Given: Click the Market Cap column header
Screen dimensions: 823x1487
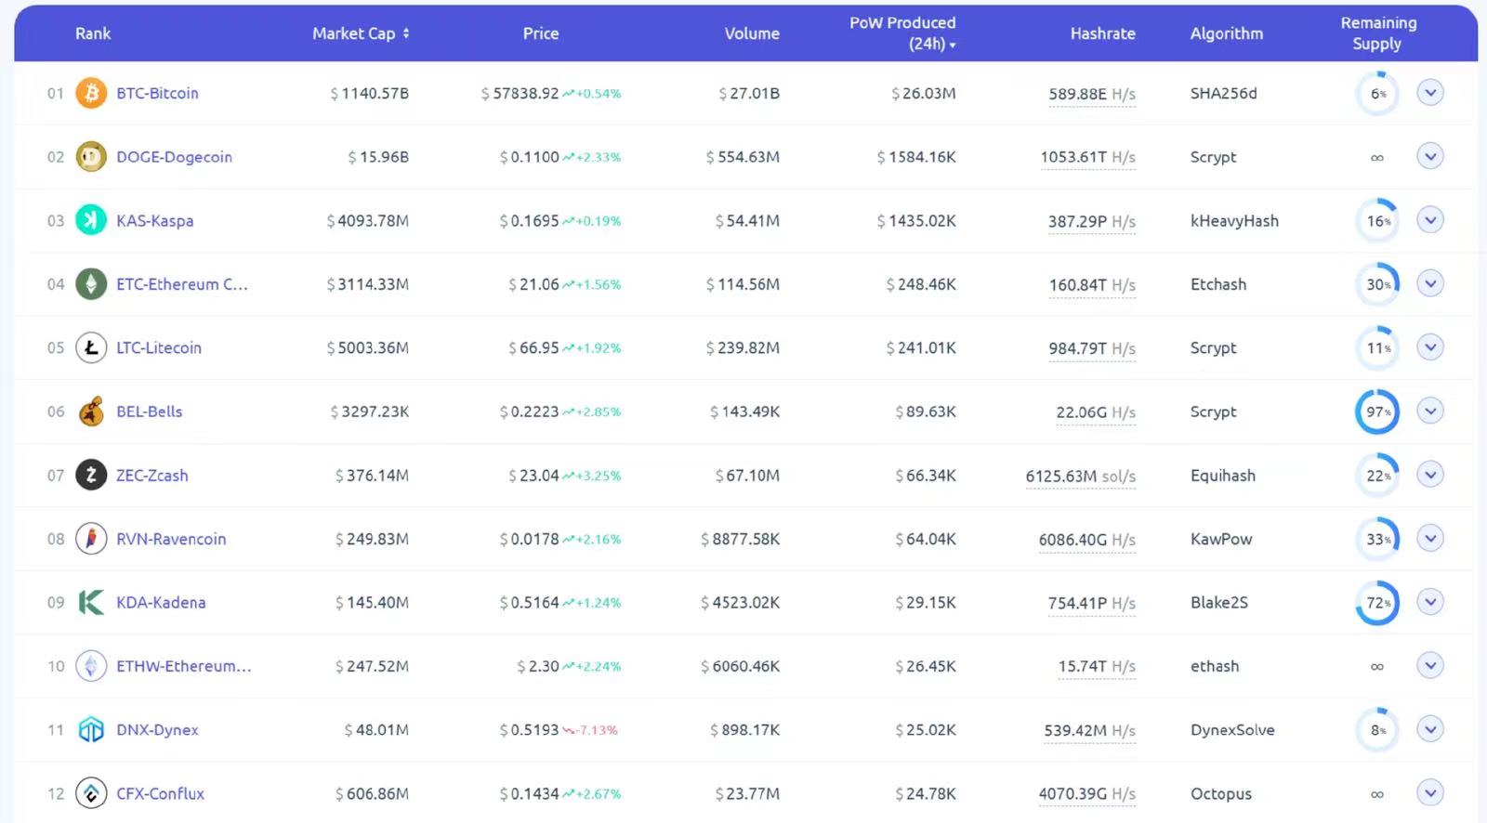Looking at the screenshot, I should point(360,33).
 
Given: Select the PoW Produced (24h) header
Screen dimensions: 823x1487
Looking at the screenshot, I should point(902,33).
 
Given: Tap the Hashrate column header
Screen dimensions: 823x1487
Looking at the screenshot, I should point(1102,33).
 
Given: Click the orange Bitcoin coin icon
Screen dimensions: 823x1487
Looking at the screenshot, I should point(91,93).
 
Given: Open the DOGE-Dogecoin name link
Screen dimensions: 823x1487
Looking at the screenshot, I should point(174,157).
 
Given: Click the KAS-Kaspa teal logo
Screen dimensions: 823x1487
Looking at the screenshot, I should point(91,220).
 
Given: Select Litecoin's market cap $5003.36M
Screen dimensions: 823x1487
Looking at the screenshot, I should point(368,348).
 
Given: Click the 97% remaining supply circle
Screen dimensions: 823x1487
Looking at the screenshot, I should point(1377,411).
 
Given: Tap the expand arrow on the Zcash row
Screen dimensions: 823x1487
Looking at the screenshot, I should point(1430,475).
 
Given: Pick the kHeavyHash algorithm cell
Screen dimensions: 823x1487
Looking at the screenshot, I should point(1234,221).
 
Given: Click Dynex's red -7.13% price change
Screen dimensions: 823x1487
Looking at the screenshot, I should point(596,730).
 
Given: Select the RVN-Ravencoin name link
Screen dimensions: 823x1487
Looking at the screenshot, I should point(171,539).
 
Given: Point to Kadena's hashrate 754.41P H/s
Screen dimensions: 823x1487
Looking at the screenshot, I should point(1091,603).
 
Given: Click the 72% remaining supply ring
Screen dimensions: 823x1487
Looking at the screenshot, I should point(1377,603).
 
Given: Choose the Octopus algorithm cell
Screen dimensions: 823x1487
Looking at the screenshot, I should point(1221,794).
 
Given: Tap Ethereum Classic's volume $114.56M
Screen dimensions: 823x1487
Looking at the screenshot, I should point(743,284).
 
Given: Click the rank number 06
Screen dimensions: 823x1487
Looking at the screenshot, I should point(56,411).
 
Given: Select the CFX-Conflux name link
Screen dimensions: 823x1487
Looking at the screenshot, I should point(160,794).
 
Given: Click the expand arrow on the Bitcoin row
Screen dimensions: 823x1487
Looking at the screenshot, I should point(1430,93).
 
